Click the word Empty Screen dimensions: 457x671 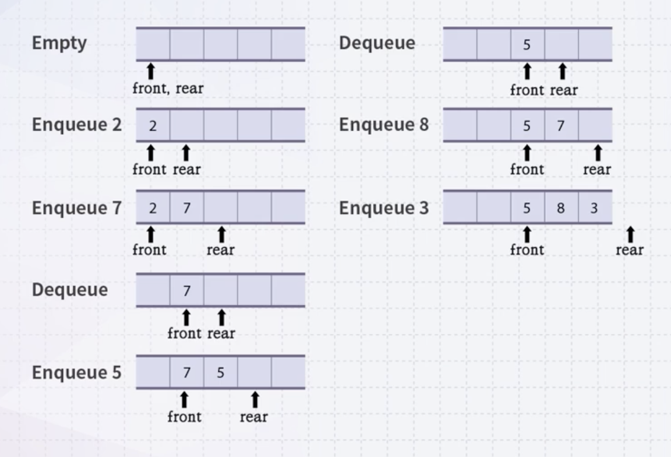click(59, 43)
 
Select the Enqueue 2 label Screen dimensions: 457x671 click(76, 125)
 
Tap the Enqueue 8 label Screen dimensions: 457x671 click(384, 125)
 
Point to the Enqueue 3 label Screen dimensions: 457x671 click(384, 208)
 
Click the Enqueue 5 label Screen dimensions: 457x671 click(76, 372)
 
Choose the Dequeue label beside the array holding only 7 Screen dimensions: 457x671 click(70, 290)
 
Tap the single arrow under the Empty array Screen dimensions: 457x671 click(151, 71)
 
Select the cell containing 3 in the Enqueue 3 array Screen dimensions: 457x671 click(595, 208)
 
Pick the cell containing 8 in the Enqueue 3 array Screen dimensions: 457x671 click(561, 208)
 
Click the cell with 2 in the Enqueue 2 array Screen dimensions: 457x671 click(153, 125)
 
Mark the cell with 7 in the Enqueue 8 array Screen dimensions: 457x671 click(561, 125)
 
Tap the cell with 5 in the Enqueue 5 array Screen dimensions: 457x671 click(220, 372)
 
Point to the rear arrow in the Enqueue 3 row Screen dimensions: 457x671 click(630, 234)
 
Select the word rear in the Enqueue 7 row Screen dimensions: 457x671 click(221, 251)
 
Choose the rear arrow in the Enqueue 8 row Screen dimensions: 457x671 click(597, 153)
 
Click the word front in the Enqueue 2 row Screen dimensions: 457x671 click(150, 170)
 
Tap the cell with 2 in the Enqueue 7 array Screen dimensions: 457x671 click(153, 208)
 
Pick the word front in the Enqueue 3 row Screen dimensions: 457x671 click(527, 251)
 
